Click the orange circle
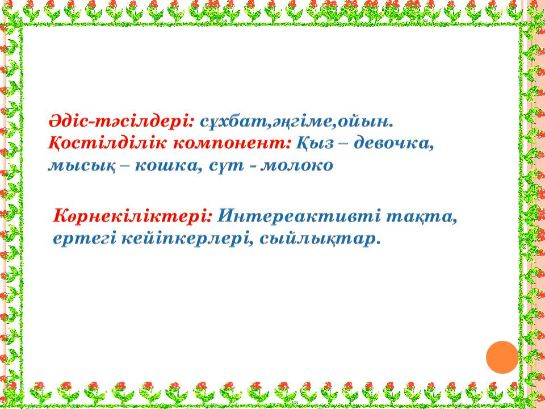[502, 357]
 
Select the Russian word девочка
[394, 144]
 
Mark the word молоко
[297, 165]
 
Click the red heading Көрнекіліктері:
[132, 216]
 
